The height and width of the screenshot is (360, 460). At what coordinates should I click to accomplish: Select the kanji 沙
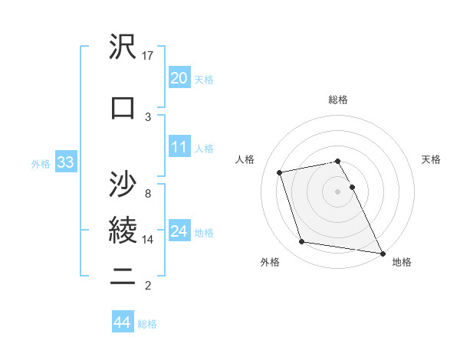(123, 184)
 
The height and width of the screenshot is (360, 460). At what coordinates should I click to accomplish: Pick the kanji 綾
(123, 229)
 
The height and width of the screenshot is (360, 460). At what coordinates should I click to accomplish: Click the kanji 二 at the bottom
(123, 276)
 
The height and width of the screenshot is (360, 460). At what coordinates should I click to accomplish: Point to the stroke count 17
(148, 56)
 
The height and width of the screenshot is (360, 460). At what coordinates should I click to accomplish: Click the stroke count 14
(148, 240)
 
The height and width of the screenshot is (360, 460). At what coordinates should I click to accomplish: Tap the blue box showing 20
(179, 77)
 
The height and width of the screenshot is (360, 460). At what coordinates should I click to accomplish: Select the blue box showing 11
(179, 146)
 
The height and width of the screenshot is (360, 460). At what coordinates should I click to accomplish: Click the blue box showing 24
(179, 231)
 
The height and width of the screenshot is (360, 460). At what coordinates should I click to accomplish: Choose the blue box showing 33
(64, 162)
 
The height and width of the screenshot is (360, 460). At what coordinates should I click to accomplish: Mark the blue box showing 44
(122, 322)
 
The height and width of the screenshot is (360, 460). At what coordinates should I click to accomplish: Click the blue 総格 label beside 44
(147, 324)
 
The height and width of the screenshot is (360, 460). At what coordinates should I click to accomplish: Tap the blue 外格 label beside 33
(41, 163)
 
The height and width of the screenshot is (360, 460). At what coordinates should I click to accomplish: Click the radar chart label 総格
(338, 100)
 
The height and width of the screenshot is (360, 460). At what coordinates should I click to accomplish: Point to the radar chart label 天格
(432, 159)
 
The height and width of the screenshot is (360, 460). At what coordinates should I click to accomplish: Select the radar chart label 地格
(402, 262)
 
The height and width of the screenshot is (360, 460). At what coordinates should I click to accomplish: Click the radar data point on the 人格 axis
(280, 172)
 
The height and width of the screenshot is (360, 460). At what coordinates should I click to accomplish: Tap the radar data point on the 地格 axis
(383, 252)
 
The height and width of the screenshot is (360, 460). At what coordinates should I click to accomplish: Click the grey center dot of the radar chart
(338, 191)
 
